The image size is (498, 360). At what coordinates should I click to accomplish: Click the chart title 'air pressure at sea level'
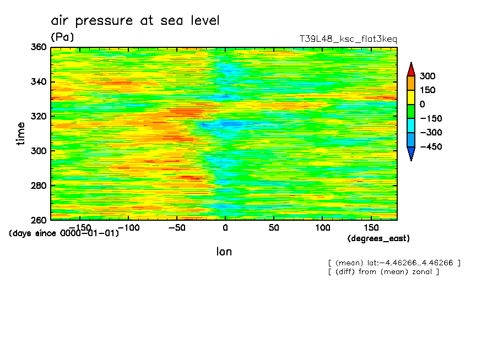135,20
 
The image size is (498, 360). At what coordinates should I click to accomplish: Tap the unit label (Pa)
62,37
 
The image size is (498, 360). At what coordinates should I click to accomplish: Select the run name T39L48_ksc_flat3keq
348,39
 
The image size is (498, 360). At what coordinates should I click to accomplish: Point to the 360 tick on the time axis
39,47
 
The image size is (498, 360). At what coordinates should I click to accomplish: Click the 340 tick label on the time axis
39,81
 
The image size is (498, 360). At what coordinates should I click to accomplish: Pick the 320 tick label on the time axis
39,116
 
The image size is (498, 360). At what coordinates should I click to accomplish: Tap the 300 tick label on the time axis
39,151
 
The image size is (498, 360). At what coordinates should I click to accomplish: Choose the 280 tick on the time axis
39,186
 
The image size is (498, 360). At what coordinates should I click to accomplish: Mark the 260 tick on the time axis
39,220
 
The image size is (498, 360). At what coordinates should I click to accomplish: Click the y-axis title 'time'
20,134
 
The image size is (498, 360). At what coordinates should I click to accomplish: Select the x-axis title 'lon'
224,252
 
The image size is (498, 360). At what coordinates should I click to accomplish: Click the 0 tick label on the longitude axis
225,228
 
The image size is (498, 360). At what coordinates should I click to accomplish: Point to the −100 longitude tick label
129,228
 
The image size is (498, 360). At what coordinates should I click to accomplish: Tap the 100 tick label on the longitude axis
322,228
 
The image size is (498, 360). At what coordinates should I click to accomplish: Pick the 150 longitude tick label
371,228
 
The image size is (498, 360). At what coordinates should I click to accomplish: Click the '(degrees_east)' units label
378,238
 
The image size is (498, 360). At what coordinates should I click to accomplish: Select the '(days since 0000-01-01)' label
64,233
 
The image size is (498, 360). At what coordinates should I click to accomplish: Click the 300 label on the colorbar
427,76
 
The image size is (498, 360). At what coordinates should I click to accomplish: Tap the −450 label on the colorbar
431,146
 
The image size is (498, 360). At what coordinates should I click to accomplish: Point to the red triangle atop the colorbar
411,70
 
